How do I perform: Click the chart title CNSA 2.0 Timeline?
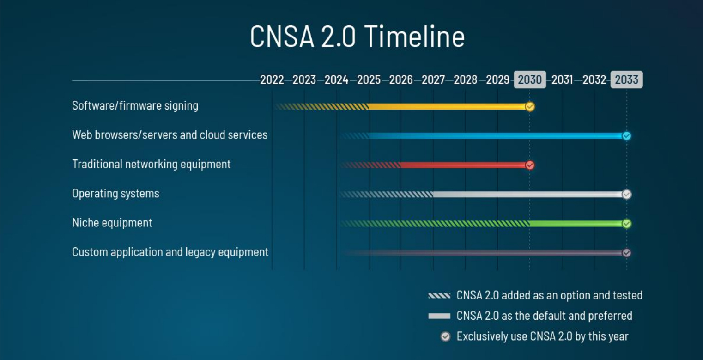click(357, 37)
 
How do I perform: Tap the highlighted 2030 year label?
click(529, 80)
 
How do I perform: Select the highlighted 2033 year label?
click(626, 80)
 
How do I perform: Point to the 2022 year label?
click(272, 80)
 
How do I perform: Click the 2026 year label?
click(400, 80)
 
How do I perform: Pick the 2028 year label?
click(465, 80)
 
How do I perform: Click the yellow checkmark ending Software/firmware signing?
click(530, 107)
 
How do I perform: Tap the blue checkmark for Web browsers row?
click(626, 136)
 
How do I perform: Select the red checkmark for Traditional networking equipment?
click(530, 165)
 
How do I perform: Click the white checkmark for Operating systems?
click(626, 195)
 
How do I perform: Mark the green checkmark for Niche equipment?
click(626, 224)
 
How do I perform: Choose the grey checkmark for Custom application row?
click(626, 253)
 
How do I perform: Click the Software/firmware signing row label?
click(135, 106)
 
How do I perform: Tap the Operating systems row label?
click(115, 193)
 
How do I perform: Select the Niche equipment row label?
click(112, 223)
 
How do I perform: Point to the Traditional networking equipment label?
click(151, 164)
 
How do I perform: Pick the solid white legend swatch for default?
click(439, 316)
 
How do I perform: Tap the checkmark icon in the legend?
click(445, 336)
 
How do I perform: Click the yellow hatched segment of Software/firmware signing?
click(323, 107)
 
